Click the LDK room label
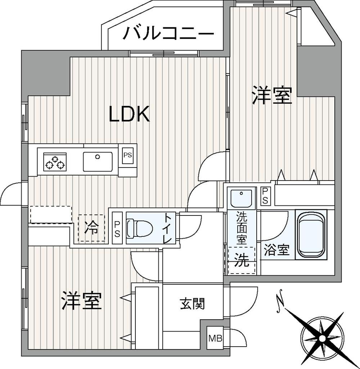(x=129, y=114)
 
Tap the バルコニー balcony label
(x=168, y=33)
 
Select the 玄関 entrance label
(x=193, y=303)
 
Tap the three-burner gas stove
(x=55, y=162)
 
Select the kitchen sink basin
(x=98, y=161)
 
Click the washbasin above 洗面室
(x=241, y=198)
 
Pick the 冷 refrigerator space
(x=91, y=228)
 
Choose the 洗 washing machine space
(x=242, y=261)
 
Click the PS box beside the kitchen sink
(x=128, y=155)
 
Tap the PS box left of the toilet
(x=117, y=228)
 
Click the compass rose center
(x=322, y=338)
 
